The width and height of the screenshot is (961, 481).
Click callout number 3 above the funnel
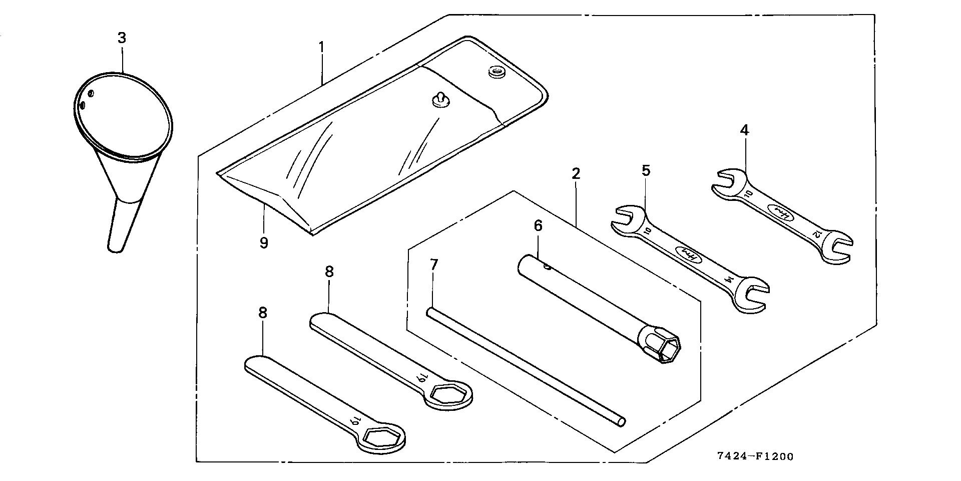[122, 38]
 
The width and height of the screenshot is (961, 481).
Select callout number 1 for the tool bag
[322, 48]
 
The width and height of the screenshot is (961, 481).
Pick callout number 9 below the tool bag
[264, 243]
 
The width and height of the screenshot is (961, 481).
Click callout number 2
[576, 174]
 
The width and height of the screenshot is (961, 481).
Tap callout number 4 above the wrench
[744, 130]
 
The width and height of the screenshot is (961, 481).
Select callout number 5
[646, 170]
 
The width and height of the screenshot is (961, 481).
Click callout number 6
[538, 226]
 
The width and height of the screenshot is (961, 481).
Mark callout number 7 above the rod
[433, 265]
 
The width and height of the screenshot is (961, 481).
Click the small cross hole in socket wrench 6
[548, 268]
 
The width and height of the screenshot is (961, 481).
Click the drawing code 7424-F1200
[755, 456]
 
